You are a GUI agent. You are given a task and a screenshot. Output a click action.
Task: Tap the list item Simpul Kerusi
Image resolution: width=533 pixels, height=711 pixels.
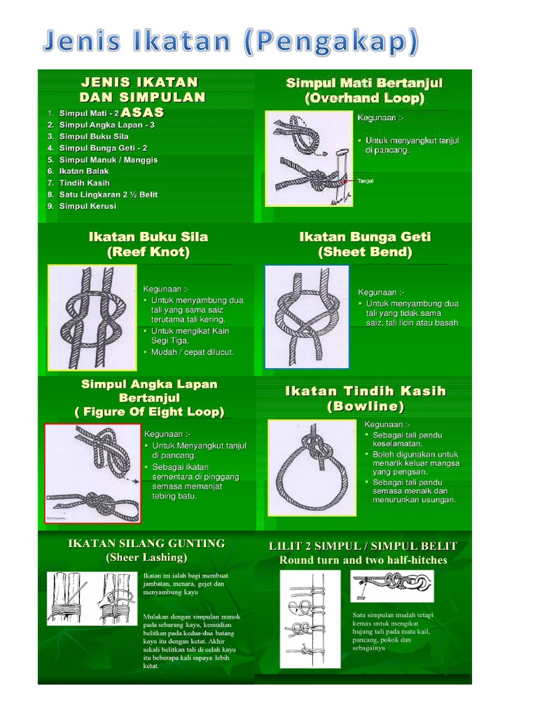click(x=87, y=206)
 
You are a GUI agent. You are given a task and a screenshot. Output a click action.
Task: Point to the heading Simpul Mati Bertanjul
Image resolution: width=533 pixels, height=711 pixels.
click(x=364, y=83)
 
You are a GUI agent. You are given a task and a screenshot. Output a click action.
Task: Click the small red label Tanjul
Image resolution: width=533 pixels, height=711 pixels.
click(x=365, y=181)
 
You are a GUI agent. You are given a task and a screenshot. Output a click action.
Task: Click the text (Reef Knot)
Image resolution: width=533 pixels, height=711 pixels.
click(x=148, y=253)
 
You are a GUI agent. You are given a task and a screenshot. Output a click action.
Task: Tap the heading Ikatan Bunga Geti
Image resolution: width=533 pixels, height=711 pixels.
click(x=364, y=237)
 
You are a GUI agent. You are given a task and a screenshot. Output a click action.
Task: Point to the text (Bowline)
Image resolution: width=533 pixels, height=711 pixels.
click(x=364, y=406)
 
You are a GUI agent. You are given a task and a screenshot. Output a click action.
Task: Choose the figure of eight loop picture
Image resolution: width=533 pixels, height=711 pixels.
click(x=90, y=474)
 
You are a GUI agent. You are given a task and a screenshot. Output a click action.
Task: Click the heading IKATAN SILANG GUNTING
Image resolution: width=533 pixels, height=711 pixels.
click(x=146, y=543)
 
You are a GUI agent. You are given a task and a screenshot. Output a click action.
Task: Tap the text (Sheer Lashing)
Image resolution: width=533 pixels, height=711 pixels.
click(x=146, y=557)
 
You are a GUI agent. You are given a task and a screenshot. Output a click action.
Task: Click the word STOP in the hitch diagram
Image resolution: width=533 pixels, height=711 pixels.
click(x=360, y=596)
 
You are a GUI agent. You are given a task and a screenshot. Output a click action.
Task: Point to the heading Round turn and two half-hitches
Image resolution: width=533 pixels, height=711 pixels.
click(x=363, y=560)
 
